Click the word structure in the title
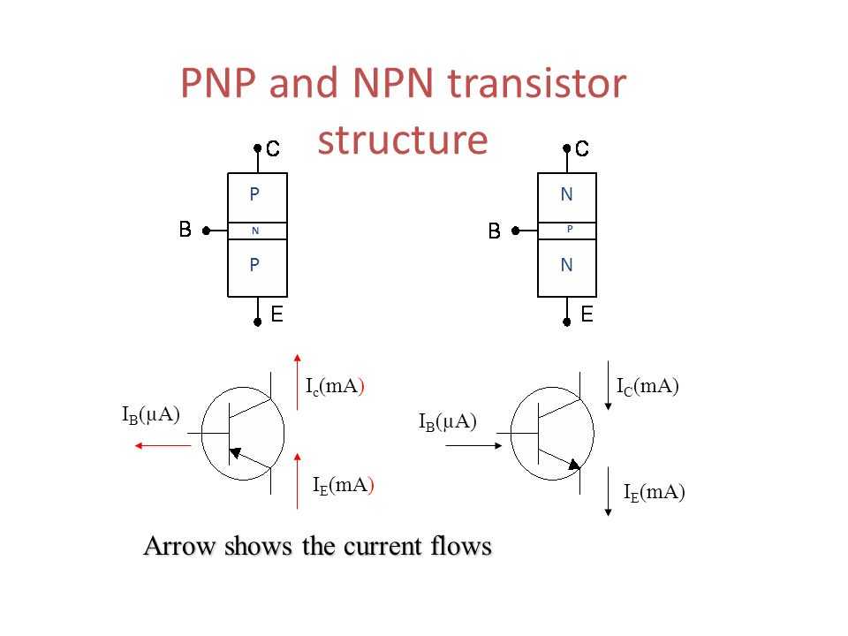[403, 140]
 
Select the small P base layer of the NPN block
[567, 231]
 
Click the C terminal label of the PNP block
[273, 148]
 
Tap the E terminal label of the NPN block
[587, 314]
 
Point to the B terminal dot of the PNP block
[206, 231]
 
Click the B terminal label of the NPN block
[495, 231]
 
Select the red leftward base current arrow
[163, 445]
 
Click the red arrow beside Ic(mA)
[297, 382]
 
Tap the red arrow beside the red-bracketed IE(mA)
[297, 481]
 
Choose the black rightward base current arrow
[473, 445]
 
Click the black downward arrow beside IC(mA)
[608, 386]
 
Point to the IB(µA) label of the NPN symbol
[448, 422]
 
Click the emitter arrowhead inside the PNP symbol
[235, 452]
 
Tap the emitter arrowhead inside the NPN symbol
[574, 464]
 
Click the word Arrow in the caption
[180, 546]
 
